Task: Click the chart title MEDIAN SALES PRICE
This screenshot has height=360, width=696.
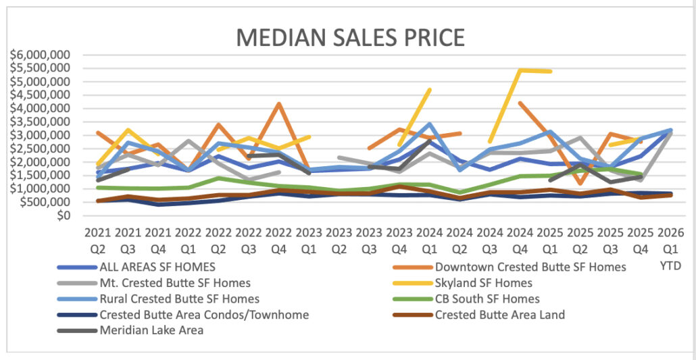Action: coord(350,37)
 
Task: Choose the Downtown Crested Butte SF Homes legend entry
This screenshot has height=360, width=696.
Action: coord(530,267)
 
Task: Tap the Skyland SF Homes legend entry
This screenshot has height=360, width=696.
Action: coord(484,283)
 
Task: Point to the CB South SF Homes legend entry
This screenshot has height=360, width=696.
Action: coord(487,299)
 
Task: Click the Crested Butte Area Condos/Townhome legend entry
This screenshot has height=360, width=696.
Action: coord(204,315)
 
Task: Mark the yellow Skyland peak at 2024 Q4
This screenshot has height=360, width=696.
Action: coord(520,70)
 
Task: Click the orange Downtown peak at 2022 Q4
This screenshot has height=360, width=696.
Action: coord(279,104)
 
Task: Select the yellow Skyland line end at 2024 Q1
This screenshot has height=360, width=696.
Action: coord(430,90)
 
